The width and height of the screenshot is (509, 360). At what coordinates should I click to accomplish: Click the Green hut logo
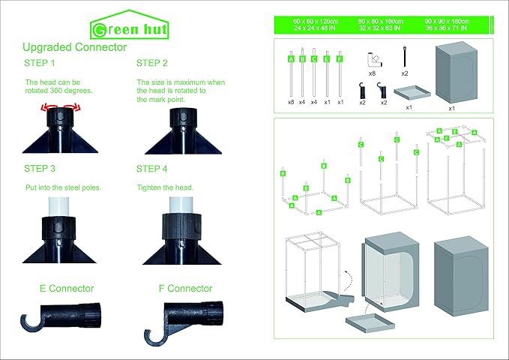129,28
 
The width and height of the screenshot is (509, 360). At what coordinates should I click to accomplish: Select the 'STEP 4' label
152,169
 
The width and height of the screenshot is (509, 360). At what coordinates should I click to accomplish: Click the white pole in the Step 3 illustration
58,203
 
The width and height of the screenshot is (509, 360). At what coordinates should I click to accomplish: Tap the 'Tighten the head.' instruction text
163,187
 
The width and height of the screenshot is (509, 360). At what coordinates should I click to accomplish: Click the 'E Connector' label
67,288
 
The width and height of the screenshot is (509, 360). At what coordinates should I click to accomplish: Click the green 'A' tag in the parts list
290,58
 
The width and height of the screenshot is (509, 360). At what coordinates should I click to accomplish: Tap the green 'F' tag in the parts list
340,58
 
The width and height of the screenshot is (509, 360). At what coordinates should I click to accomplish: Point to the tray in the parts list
409,93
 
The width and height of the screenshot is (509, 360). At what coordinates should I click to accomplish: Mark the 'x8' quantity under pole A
290,101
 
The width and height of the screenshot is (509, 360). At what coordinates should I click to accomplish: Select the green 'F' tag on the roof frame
446,139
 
